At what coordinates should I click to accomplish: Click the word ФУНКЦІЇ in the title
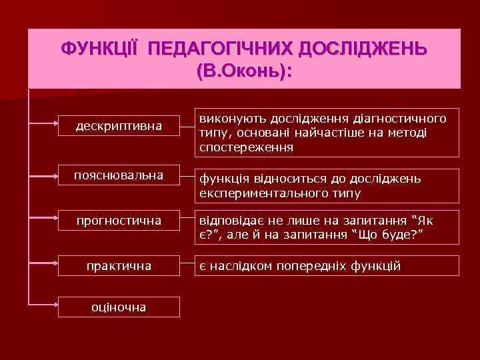[99, 50]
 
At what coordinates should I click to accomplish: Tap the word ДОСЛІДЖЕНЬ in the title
[365, 50]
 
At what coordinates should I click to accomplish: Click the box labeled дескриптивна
[119, 125]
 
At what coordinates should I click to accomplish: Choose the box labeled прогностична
[119, 220]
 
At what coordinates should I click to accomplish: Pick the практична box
[119, 265]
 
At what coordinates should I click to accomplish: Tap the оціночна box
[119, 306]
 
